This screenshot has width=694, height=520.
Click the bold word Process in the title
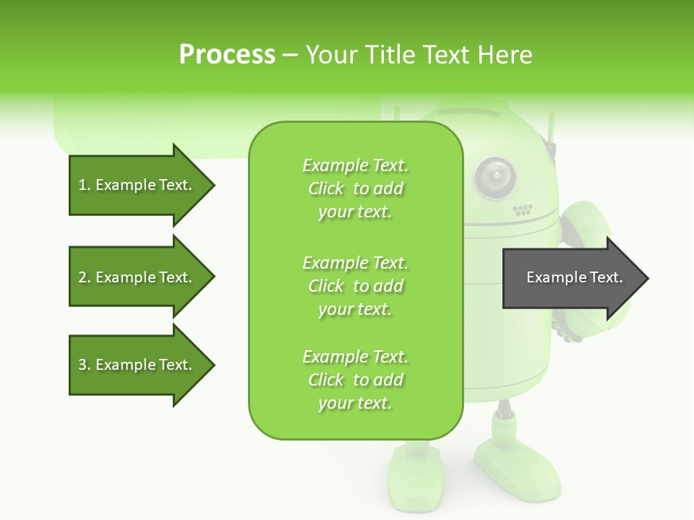[x=227, y=55]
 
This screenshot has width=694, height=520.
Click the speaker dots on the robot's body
[x=523, y=210]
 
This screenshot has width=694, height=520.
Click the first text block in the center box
[x=355, y=188]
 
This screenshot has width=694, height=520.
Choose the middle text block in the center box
[x=355, y=286]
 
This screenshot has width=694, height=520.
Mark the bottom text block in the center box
[x=355, y=380]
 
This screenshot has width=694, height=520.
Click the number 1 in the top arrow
[x=83, y=185]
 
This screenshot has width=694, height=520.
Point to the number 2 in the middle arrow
[x=83, y=277]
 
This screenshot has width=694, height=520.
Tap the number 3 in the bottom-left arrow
[x=83, y=365]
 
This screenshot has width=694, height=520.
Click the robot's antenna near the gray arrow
[x=552, y=137]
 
